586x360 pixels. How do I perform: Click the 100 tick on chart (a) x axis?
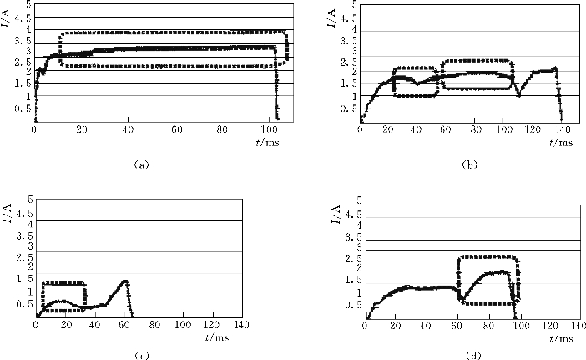pyautogui.click(x=268, y=130)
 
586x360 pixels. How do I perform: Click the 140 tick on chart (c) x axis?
pyautogui.click(x=241, y=325)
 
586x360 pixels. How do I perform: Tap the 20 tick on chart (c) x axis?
pyautogui.click(x=64, y=325)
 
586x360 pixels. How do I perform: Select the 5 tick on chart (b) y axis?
pyautogui.click(x=354, y=4)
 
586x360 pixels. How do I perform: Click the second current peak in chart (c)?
pyautogui.click(x=124, y=281)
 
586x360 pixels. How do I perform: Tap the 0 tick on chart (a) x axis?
pyautogui.click(x=33, y=130)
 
